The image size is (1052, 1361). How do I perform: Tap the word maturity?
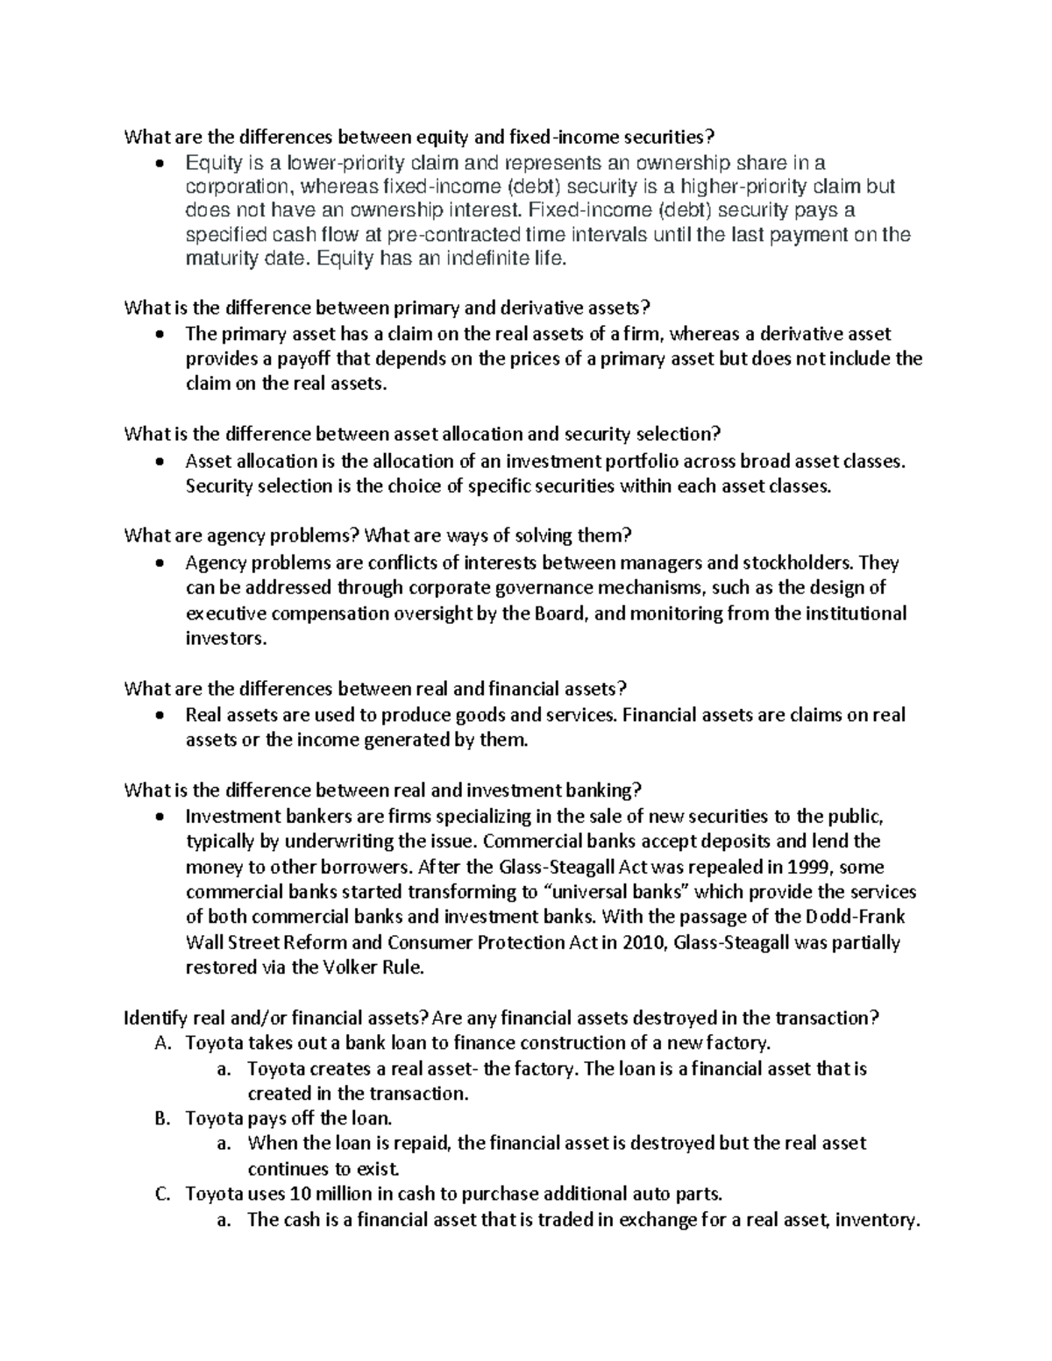pyautogui.click(x=216, y=259)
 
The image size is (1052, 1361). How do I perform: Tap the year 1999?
pyautogui.click(x=816, y=867)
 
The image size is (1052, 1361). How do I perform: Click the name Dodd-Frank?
pyautogui.click(x=854, y=918)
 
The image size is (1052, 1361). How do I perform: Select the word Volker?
pyautogui.click(x=322, y=968)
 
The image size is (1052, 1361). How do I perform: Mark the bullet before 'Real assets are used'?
pyautogui.click(x=158, y=715)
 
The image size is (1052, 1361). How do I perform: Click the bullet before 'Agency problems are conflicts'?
pyautogui.click(x=158, y=563)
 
